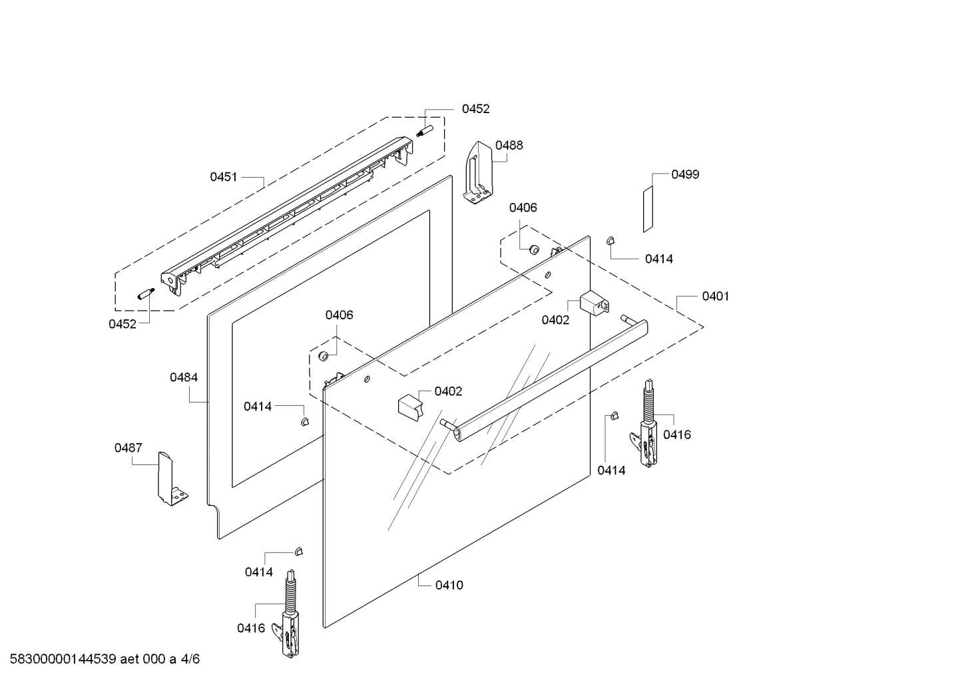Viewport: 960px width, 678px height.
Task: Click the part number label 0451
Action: click(224, 177)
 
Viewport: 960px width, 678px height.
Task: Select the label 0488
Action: click(509, 145)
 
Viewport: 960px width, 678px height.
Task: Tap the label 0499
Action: click(685, 174)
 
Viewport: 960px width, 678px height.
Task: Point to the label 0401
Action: click(715, 296)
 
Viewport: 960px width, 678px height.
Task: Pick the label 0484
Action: click(183, 377)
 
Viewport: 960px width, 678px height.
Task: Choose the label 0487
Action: click(128, 448)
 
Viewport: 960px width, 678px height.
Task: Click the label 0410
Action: click(449, 586)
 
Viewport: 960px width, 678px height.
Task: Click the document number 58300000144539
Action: click(60, 659)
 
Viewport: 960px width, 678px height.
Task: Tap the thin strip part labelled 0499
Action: click(648, 209)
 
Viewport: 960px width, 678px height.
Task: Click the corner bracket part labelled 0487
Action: click(170, 479)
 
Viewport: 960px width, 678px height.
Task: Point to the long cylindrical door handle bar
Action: click(546, 379)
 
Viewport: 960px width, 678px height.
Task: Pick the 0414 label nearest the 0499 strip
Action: click(658, 259)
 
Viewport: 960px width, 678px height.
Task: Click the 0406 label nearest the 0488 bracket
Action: click(523, 208)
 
